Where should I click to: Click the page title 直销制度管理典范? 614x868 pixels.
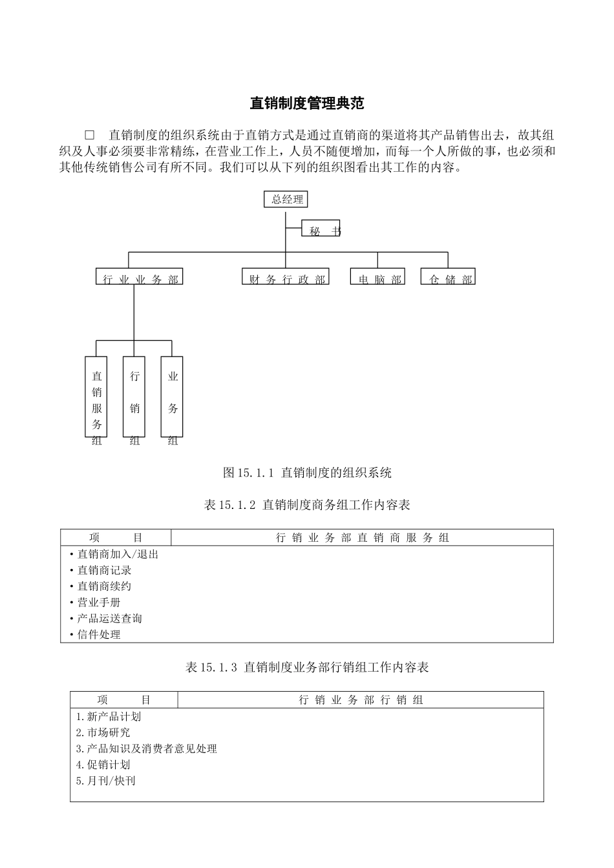[x=307, y=103]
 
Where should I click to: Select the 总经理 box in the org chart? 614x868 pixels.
[x=286, y=200]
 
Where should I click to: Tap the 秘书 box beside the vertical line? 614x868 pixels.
[x=321, y=229]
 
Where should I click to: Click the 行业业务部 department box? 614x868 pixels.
[x=140, y=277]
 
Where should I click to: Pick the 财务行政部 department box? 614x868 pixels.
[x=286, y=277]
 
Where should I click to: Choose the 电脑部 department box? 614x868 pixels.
[x=378, y=277]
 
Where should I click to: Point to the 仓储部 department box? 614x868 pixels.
[x=448, y=277]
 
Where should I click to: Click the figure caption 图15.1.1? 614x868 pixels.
[x=307, y=473]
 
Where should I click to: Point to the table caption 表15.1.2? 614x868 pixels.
[x=307, y=505]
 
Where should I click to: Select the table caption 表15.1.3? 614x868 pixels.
[x=307, y=667]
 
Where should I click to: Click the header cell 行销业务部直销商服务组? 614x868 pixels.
[x=362, y=538]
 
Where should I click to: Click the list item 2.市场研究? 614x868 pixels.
[x=103, y=732]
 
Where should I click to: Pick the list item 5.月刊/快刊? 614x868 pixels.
[x=105, y=781]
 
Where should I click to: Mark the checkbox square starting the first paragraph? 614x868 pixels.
[x=90, y=136]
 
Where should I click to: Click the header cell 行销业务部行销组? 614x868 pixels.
[x=361, y=700]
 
